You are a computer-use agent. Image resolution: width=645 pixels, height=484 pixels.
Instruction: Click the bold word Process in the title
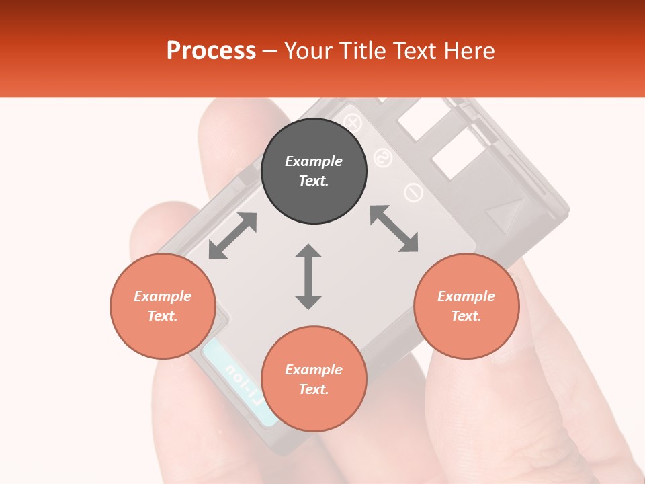[211, 51]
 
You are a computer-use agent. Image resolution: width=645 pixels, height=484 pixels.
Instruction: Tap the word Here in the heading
[469, 51]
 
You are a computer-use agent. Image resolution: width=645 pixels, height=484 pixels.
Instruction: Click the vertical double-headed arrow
[308, 276]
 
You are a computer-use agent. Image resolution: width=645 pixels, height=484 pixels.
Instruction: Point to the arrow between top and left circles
[232, 236]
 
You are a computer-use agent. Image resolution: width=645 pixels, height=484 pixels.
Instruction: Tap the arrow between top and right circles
[394, 229]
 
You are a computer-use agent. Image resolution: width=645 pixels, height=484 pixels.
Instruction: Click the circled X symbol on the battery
[353, 123]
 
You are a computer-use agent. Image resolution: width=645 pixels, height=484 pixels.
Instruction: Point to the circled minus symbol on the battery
[413, 193]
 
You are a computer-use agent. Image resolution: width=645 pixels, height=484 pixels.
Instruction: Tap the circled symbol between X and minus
[383, 158]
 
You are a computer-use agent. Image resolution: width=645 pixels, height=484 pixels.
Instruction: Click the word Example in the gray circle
[314, 161]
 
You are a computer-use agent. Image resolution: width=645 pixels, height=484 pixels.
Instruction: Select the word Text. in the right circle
[466, 316]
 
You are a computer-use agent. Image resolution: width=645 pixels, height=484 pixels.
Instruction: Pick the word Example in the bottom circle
[314, 370]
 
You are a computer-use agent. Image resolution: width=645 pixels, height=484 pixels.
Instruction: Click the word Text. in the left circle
[163, 316]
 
